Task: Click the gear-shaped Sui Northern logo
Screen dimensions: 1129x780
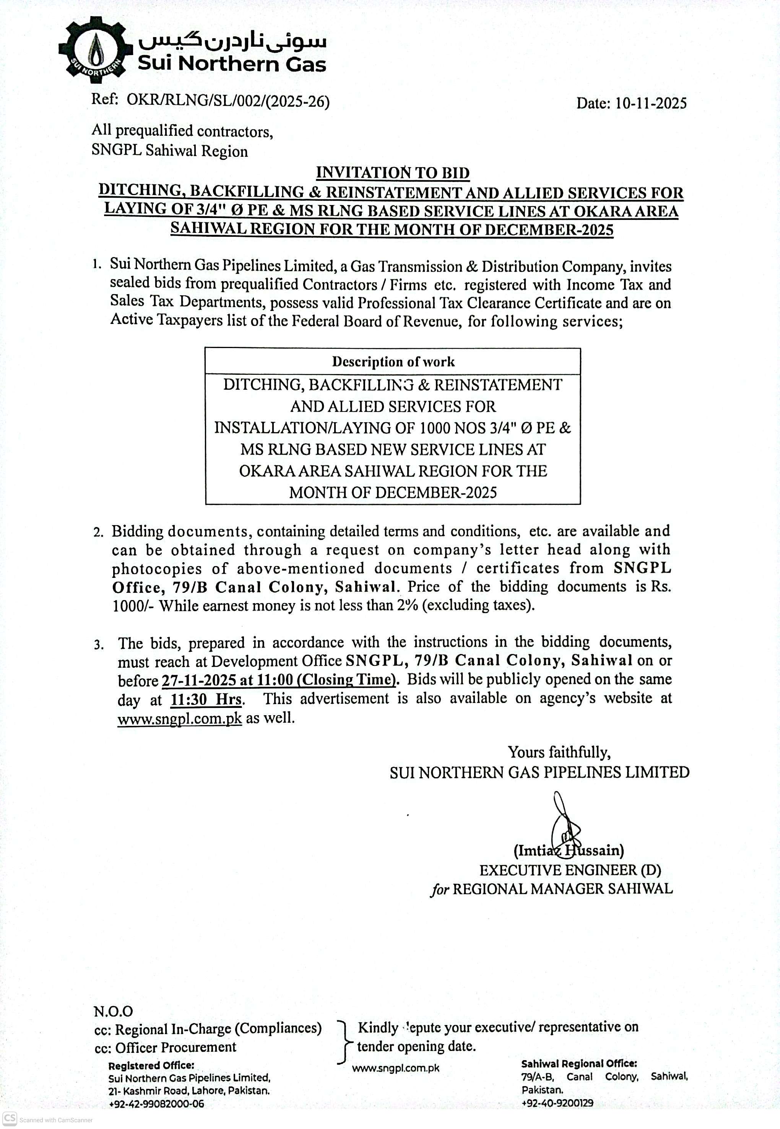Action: tap(95, 49)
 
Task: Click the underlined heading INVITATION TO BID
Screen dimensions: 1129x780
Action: tap(392, 172)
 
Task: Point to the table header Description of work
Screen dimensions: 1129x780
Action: tap(393, 362)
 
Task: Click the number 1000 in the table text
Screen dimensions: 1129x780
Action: tap(435, 428)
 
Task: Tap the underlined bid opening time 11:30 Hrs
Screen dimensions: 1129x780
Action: tap(206, 700)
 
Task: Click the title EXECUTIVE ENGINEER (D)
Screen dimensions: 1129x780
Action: tap(570, 870)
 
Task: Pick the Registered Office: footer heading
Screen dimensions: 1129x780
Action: tap(151, 1066)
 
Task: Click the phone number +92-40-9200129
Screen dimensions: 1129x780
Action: tap(557, 1103)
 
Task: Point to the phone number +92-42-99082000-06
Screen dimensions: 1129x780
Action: tap(156, 1104)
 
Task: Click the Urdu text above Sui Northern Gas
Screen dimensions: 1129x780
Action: tap(232, 42)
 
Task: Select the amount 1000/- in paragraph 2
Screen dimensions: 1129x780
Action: tap(133, 606)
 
